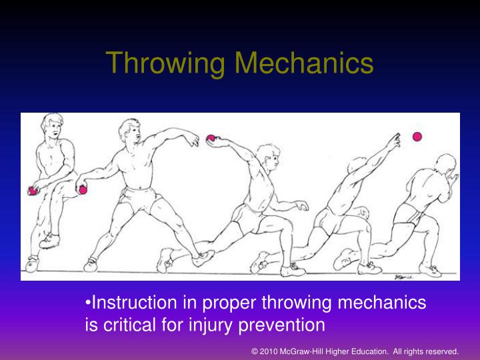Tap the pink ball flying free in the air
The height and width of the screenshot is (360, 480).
pyautogui.click(x=417, y=137)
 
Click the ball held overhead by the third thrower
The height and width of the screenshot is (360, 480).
pyautogui.click(x=211, y=139)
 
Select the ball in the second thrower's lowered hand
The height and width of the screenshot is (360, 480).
pyautogui.click(x=83, y=190)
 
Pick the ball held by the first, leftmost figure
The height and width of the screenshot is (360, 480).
pyautogui.click(x=32, y=191)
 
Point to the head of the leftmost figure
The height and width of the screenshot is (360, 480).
pyautogui.click(x=53, y=125)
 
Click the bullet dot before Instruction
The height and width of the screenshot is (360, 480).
pyautogui.click(x=89, y=304)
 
